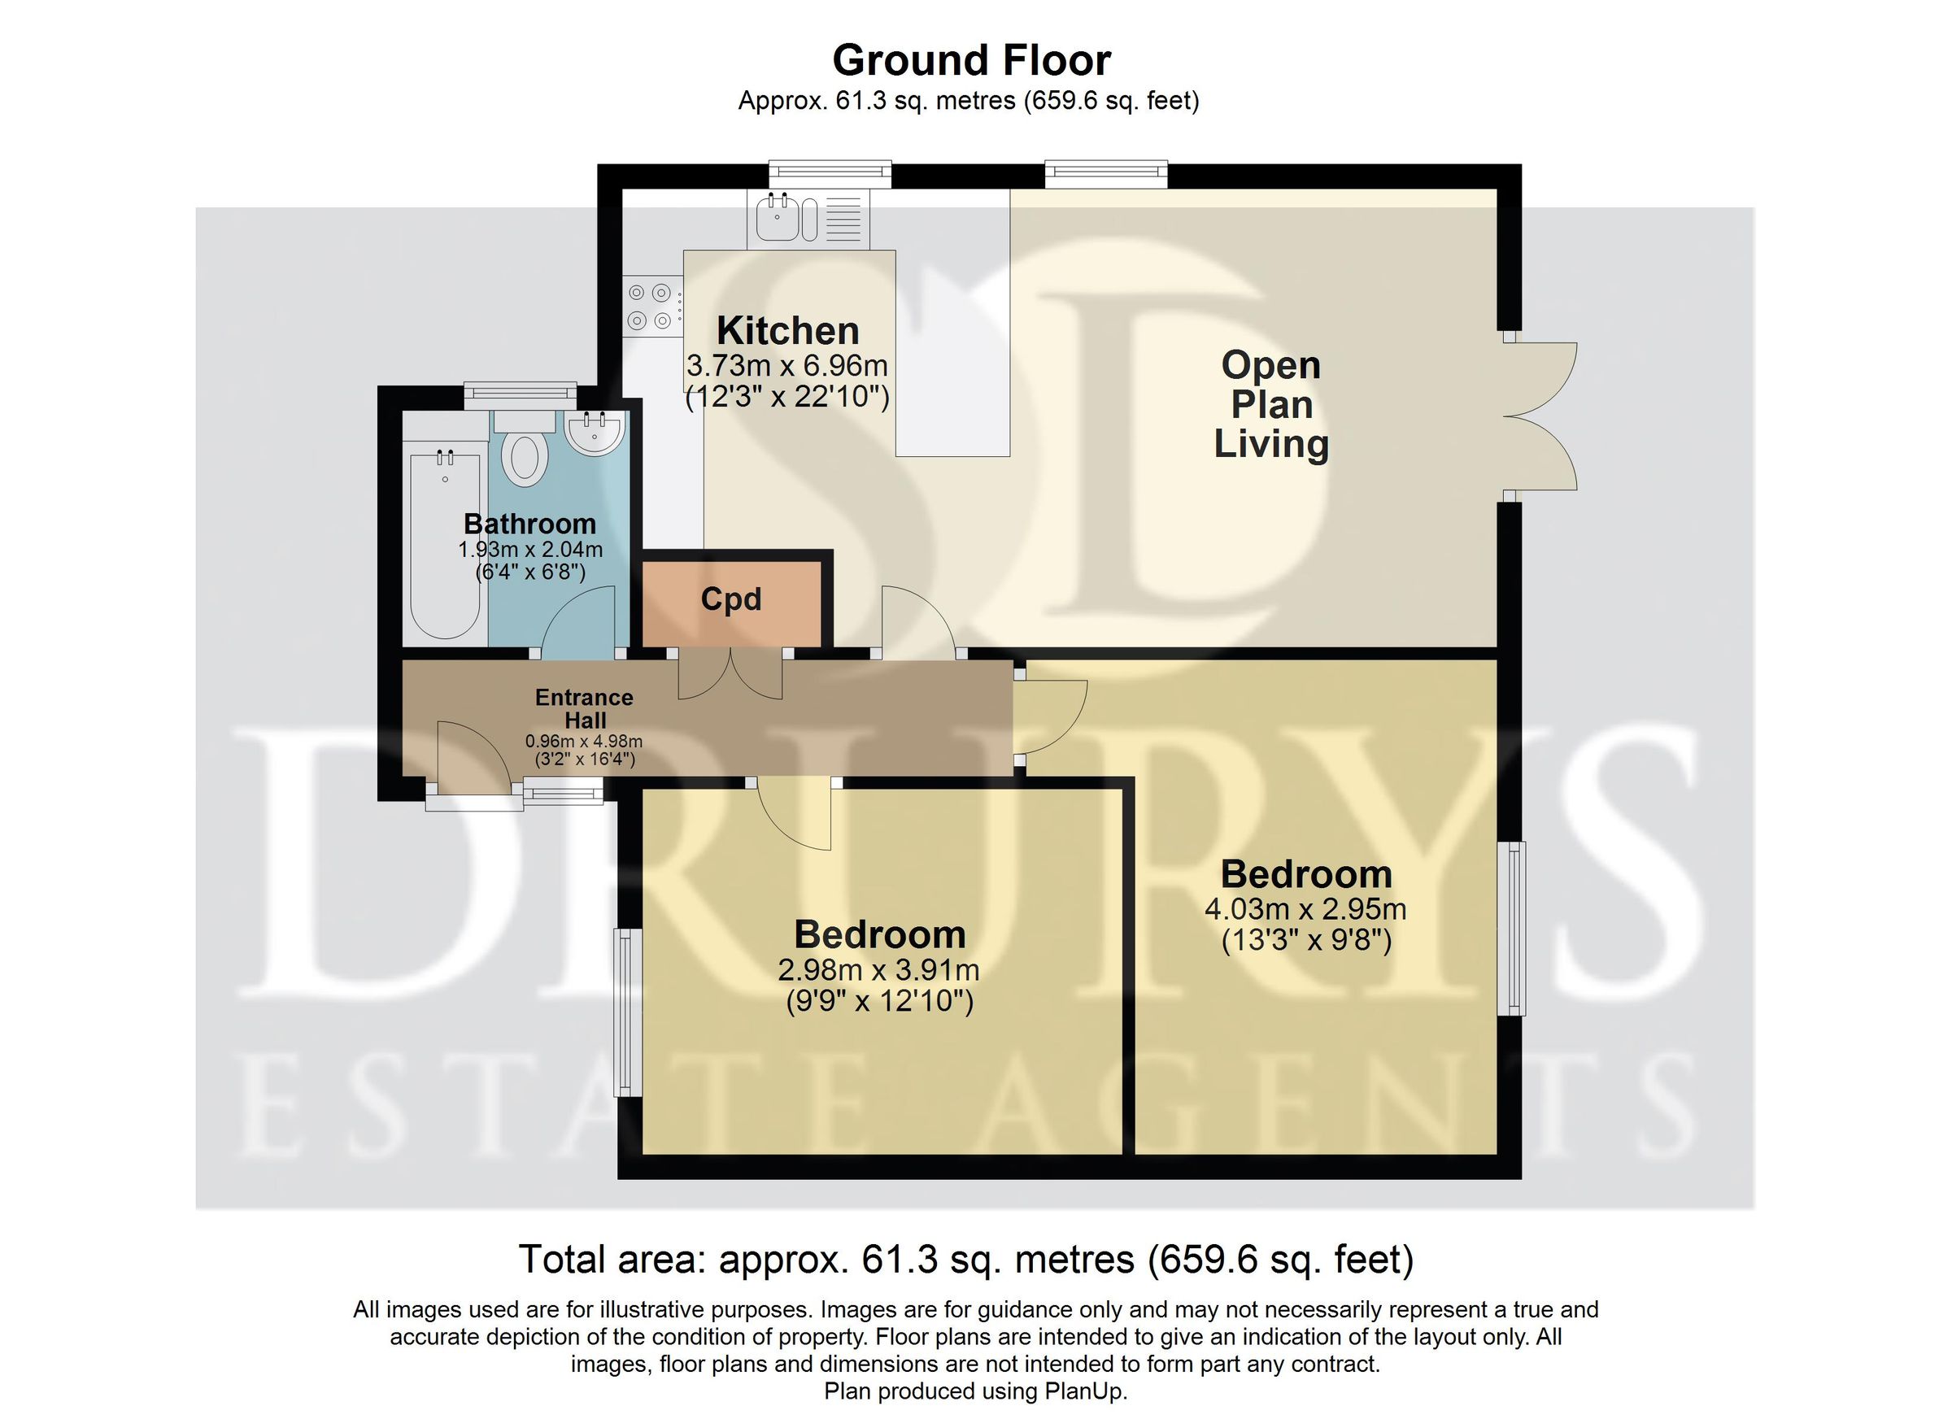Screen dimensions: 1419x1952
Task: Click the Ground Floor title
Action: pyautogui.click(x=971, y=60)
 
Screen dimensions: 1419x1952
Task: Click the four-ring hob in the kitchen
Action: pyautogui.click(x=650, y=307)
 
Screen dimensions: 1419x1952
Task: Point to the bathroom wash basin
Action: pyautogui.click(x=595, y=433)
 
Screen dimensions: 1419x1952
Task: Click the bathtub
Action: pyautogui.click(x=444, y=542)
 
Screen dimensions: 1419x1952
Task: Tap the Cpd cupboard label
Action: pyautogui.click(x=730, y=599)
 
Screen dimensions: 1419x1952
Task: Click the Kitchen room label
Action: pyautogui.click(x=787, y=330)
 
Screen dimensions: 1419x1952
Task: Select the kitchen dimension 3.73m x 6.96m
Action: pyautogui.click(x=786, y=366)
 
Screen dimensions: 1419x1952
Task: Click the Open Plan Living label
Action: pyautogui.click(x=1270, y=404)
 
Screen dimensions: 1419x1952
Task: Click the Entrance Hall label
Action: pyautogui.click(x=585, y=708)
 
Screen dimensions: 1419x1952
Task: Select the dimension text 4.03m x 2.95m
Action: pyautogui.click(x=1305, y=908)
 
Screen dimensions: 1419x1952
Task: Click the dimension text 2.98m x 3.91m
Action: pyautogui.click(x=878, y=971)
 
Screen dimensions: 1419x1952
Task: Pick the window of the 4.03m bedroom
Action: pyautogui.click(x=1515, y=928)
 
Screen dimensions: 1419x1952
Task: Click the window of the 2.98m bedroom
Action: pyautogui.click(x=626, y=1012)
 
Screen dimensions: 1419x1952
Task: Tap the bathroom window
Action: pyautogui.click(x=520, y=394)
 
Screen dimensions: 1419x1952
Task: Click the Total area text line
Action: pyautogui.click(x=965, y=1260)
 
